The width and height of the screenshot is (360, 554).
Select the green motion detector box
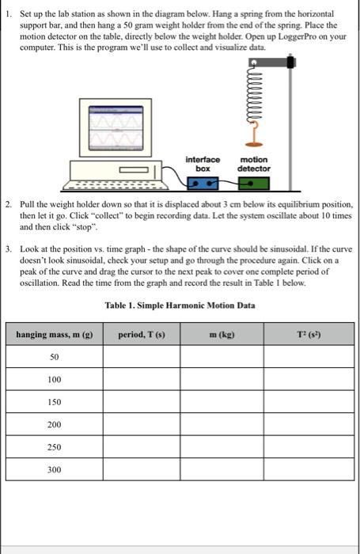(253, 184)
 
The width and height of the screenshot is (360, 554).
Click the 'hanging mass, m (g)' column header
(55, 336)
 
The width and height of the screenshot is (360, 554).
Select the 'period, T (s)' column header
(142, 336)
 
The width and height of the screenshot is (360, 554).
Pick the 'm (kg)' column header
(223, 336)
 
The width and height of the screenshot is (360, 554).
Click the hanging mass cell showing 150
(55, 403)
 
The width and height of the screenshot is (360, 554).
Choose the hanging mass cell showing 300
(55, 469)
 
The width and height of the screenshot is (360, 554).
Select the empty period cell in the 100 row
(142, 381)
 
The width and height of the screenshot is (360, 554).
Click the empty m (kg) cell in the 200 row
(223, 425)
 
